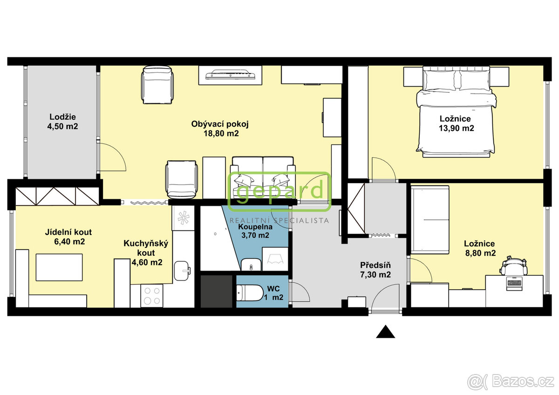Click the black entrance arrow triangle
(x=385, y=332)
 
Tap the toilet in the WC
(x=250, y=293)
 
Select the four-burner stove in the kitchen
(x=152, y=296)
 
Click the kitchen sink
(x=182, y=271)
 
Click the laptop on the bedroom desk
(x=514, y=283)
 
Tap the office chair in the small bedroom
(x=514, y=266)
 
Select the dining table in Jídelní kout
(x=59, y=267)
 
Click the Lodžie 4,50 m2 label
(x=62, y=122)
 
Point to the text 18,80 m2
(x=221, y=134)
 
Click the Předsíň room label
(x=375, y=265)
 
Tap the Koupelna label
(x=255, y=227)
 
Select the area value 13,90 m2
(x=457, y=128)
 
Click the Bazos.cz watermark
(x=512, y=382)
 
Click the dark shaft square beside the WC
(x=216, y=291)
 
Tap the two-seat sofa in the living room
(x=263, y=177)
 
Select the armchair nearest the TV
(x=157, y=85)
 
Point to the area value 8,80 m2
(x=480, y=253)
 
